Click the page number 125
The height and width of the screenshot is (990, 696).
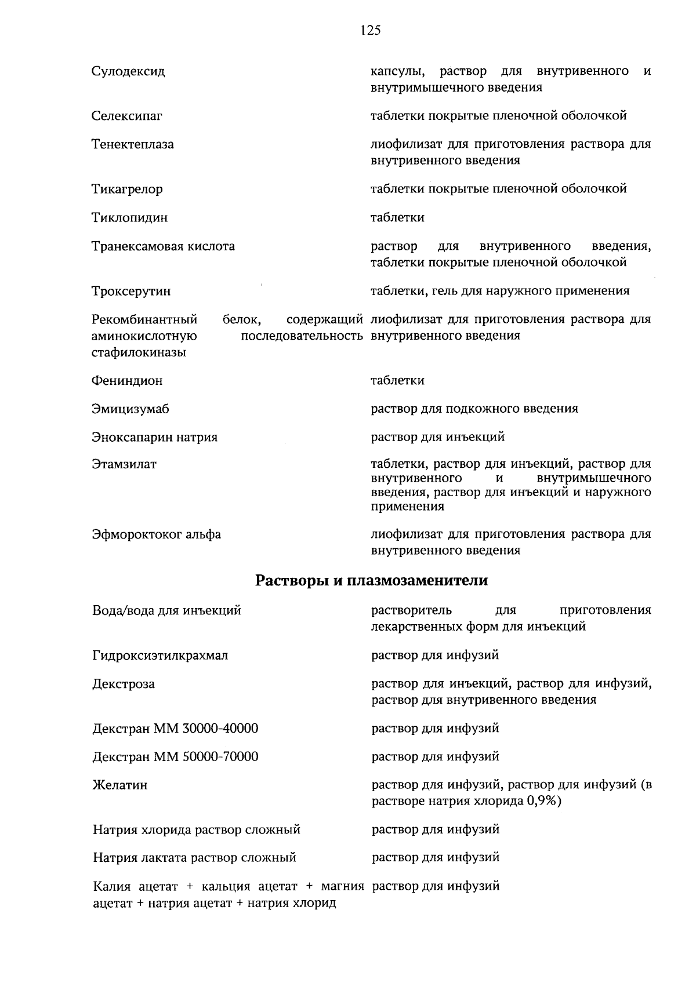(370, 31)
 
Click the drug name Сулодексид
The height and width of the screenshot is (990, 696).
(128, 71)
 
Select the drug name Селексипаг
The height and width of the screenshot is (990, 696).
(126, 116)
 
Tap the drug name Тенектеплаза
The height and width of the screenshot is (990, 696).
(132, 144)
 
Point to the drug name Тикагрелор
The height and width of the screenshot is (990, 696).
(127, 190)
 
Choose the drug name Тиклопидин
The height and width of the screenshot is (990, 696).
(129, 218)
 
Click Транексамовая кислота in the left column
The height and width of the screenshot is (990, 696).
(163, 246)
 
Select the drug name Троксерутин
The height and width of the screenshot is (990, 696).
(131, 292)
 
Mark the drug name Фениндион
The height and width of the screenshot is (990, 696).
(127, 381)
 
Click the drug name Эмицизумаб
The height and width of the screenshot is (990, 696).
(130, 410)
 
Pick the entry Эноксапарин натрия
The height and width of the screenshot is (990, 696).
(154, 438)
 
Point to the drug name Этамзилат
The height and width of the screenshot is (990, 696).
(124, 465)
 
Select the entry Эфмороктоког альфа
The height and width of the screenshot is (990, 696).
(157, 534)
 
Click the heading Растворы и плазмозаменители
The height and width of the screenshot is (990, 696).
(372, 581)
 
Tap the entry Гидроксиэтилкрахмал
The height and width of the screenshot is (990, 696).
(160, 656)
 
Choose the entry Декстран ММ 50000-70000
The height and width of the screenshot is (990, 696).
(175, 757)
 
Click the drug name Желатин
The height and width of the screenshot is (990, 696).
(120, 785)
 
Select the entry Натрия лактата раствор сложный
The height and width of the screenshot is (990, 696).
(194, 858)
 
